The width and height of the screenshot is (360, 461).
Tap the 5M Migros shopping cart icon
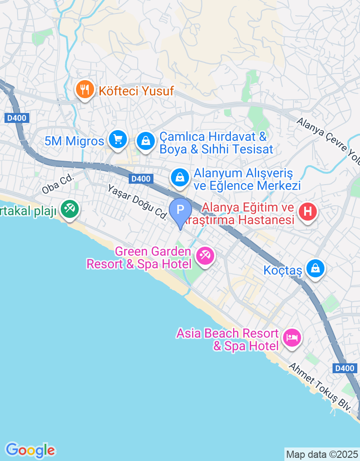[118, 140]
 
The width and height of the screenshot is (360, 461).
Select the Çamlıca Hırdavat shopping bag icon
[146, 141]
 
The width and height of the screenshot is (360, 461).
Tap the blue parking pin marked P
[180, 210]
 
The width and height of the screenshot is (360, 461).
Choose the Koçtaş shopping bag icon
[315, 269]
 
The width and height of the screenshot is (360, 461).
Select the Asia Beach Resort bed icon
[292, 337]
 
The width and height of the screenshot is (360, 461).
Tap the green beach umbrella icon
[70, 208]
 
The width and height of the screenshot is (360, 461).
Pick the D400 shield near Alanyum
[141, 179]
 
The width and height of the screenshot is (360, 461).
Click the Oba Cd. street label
[58, 184]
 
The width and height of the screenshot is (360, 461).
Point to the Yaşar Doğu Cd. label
[137, 201]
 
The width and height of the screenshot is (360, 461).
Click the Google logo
[30, 450]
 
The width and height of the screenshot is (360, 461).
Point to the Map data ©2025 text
[322, 454]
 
